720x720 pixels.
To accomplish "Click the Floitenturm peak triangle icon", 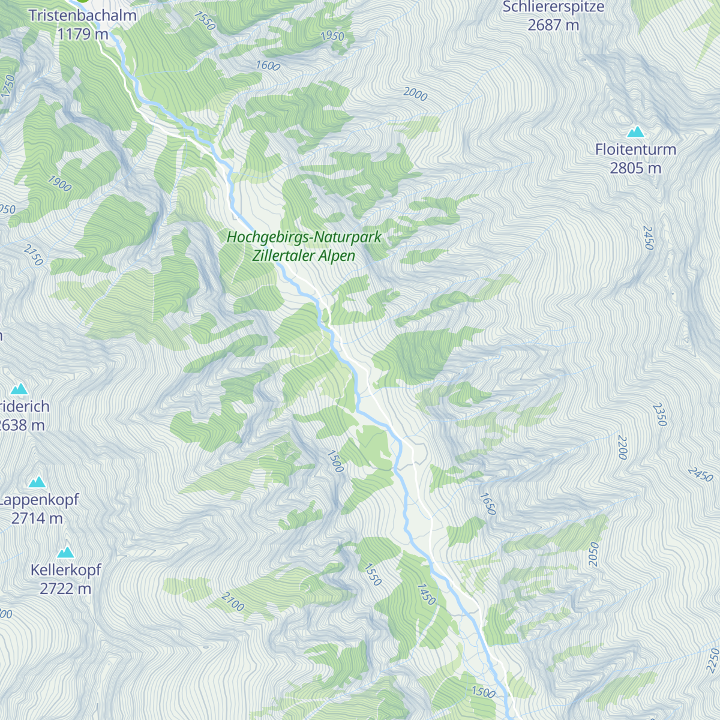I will (x=635, y=131).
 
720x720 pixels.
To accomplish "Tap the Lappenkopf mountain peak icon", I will (x=37, y=482).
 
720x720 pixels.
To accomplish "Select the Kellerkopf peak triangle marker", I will (x=65, y=552).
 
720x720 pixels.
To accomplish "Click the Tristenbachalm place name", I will (x=83, y=16).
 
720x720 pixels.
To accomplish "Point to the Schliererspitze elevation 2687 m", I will (x=553, y=25).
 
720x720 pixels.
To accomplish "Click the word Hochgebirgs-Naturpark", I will (x=304, y=237).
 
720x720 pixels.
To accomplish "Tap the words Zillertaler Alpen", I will (x=304, y=256).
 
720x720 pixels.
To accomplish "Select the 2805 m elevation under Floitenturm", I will (x=635, y=168).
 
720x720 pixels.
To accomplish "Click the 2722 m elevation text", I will (x=65, y=589).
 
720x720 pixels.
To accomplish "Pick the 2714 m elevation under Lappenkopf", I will (x=37, y=518).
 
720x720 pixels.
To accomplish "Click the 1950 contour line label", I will (x=332, y=36).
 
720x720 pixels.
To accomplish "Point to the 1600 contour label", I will (x=268, y=65).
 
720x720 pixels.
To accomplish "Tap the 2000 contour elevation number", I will (x=415, y=94).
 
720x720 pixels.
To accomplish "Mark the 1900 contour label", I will (x=59, y=183).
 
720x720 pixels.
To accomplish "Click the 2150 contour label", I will (x=34, y=255).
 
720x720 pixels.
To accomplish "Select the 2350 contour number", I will (x=659, y=415).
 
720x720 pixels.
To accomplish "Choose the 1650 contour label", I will (x=488, y=504).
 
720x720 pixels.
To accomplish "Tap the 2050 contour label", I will (x=594, y=554).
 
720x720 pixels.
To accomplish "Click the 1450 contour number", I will (x=426, y=594).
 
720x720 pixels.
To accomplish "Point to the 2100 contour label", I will (x=233, y=602).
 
